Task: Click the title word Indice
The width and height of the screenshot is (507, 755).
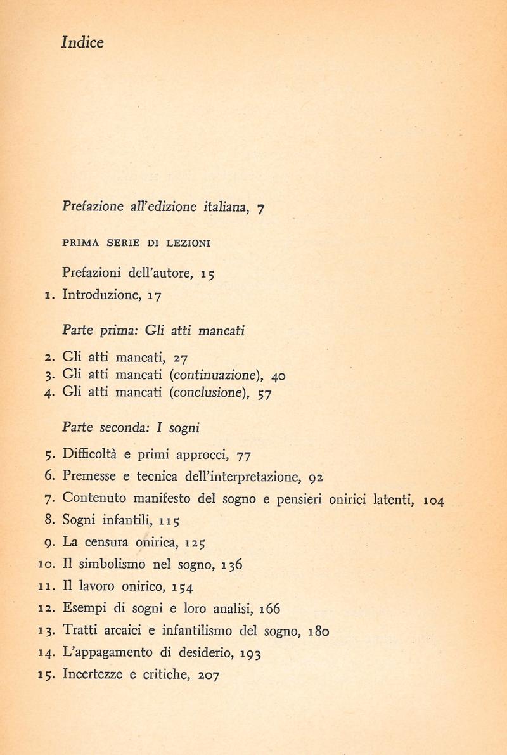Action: coord(82,43)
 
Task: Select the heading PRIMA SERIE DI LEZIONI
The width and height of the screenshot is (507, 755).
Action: coord(137,243)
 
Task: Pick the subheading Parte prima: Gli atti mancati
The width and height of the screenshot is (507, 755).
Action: coord(154,330)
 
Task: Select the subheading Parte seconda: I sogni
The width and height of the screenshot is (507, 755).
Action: coord(131,427)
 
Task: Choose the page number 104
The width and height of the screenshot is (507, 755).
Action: coord(434,501)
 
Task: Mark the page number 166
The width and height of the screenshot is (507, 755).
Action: coord(269,609)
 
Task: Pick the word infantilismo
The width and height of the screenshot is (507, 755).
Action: coord(209,631)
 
